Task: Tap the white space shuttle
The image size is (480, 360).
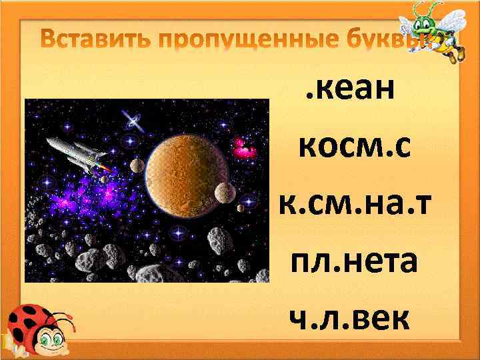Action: point(73,151)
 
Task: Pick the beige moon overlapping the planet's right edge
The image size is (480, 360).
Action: point(225,191)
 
